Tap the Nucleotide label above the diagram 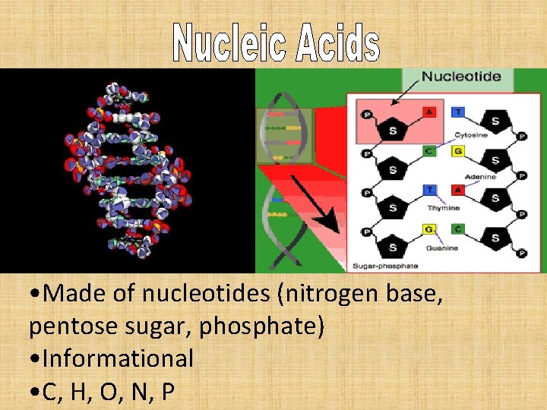460,77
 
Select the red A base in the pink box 430,112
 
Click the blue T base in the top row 457,112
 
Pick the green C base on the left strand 429,151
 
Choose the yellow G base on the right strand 457,151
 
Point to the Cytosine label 471,135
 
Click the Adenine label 480,176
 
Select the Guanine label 442,248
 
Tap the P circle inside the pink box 367,114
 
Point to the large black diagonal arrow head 331,224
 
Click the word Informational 118,358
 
